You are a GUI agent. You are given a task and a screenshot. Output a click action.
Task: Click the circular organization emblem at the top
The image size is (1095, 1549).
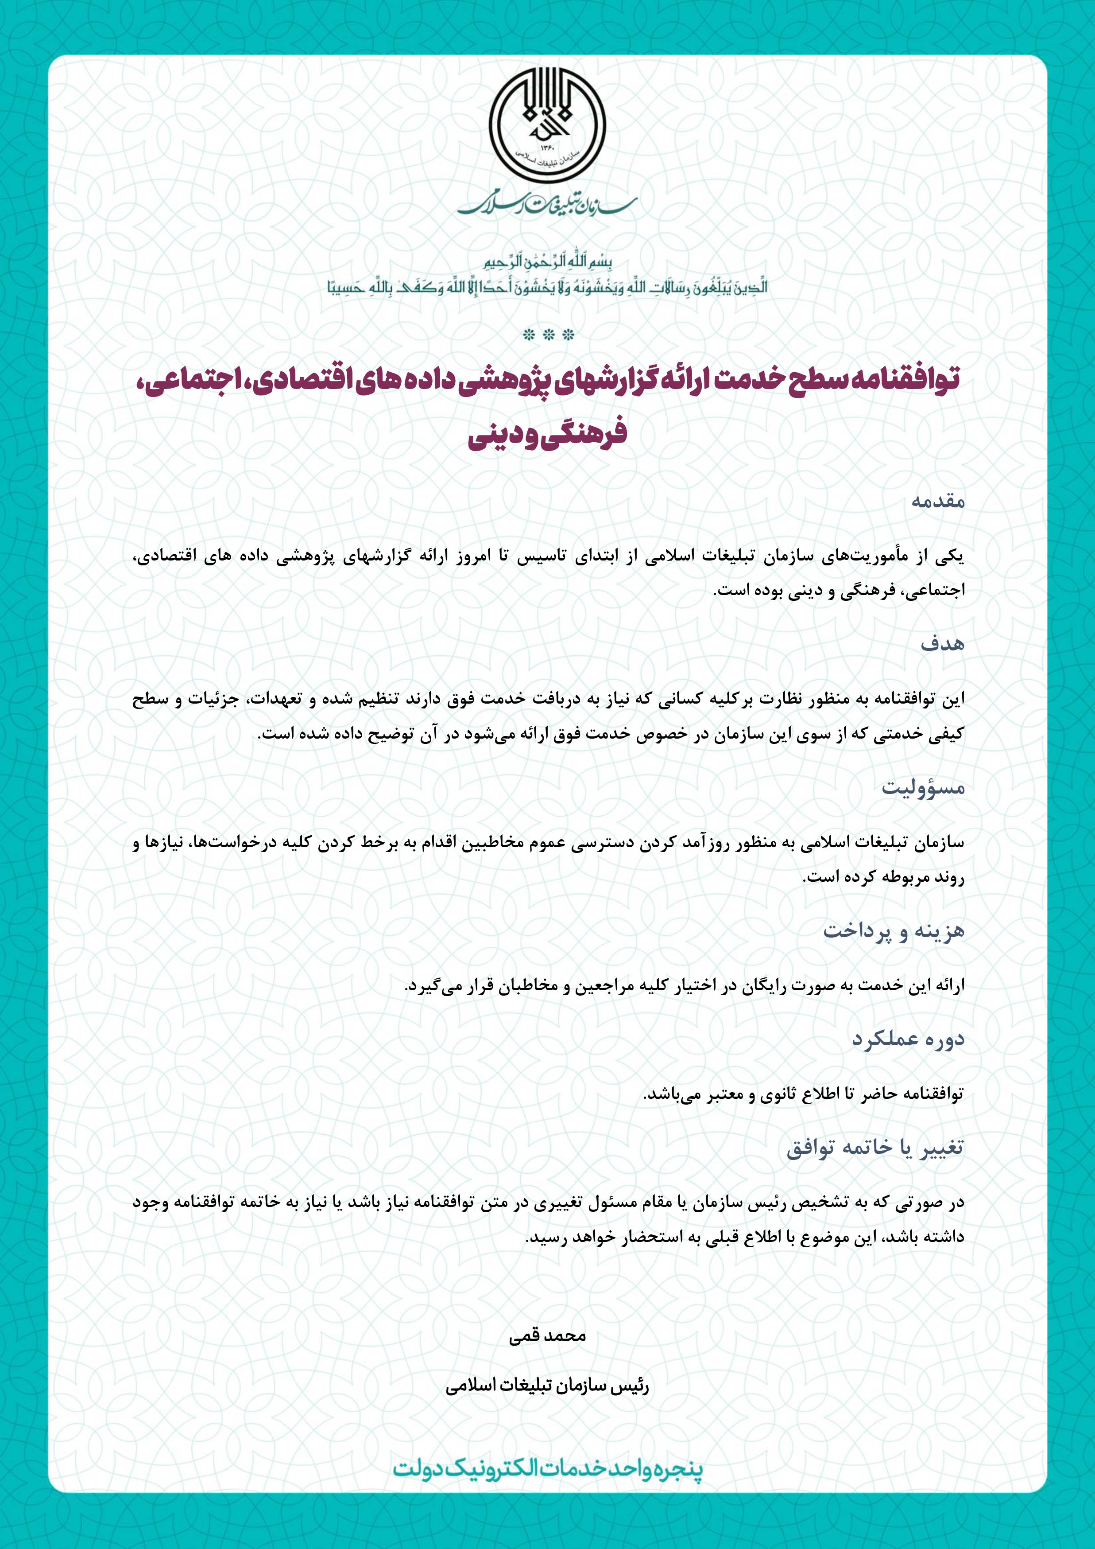point(547,125)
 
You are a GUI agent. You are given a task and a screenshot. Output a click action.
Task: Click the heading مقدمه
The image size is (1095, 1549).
point(938,501)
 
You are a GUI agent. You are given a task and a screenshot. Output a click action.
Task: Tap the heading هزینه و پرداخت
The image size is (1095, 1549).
point(894,931)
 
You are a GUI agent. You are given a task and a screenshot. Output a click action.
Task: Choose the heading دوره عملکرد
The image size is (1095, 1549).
point(908,1039)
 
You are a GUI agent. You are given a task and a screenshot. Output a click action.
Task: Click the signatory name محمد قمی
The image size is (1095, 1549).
point(547,1335)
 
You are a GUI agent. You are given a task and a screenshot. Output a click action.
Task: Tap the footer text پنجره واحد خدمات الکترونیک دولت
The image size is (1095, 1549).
point(547,1469)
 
